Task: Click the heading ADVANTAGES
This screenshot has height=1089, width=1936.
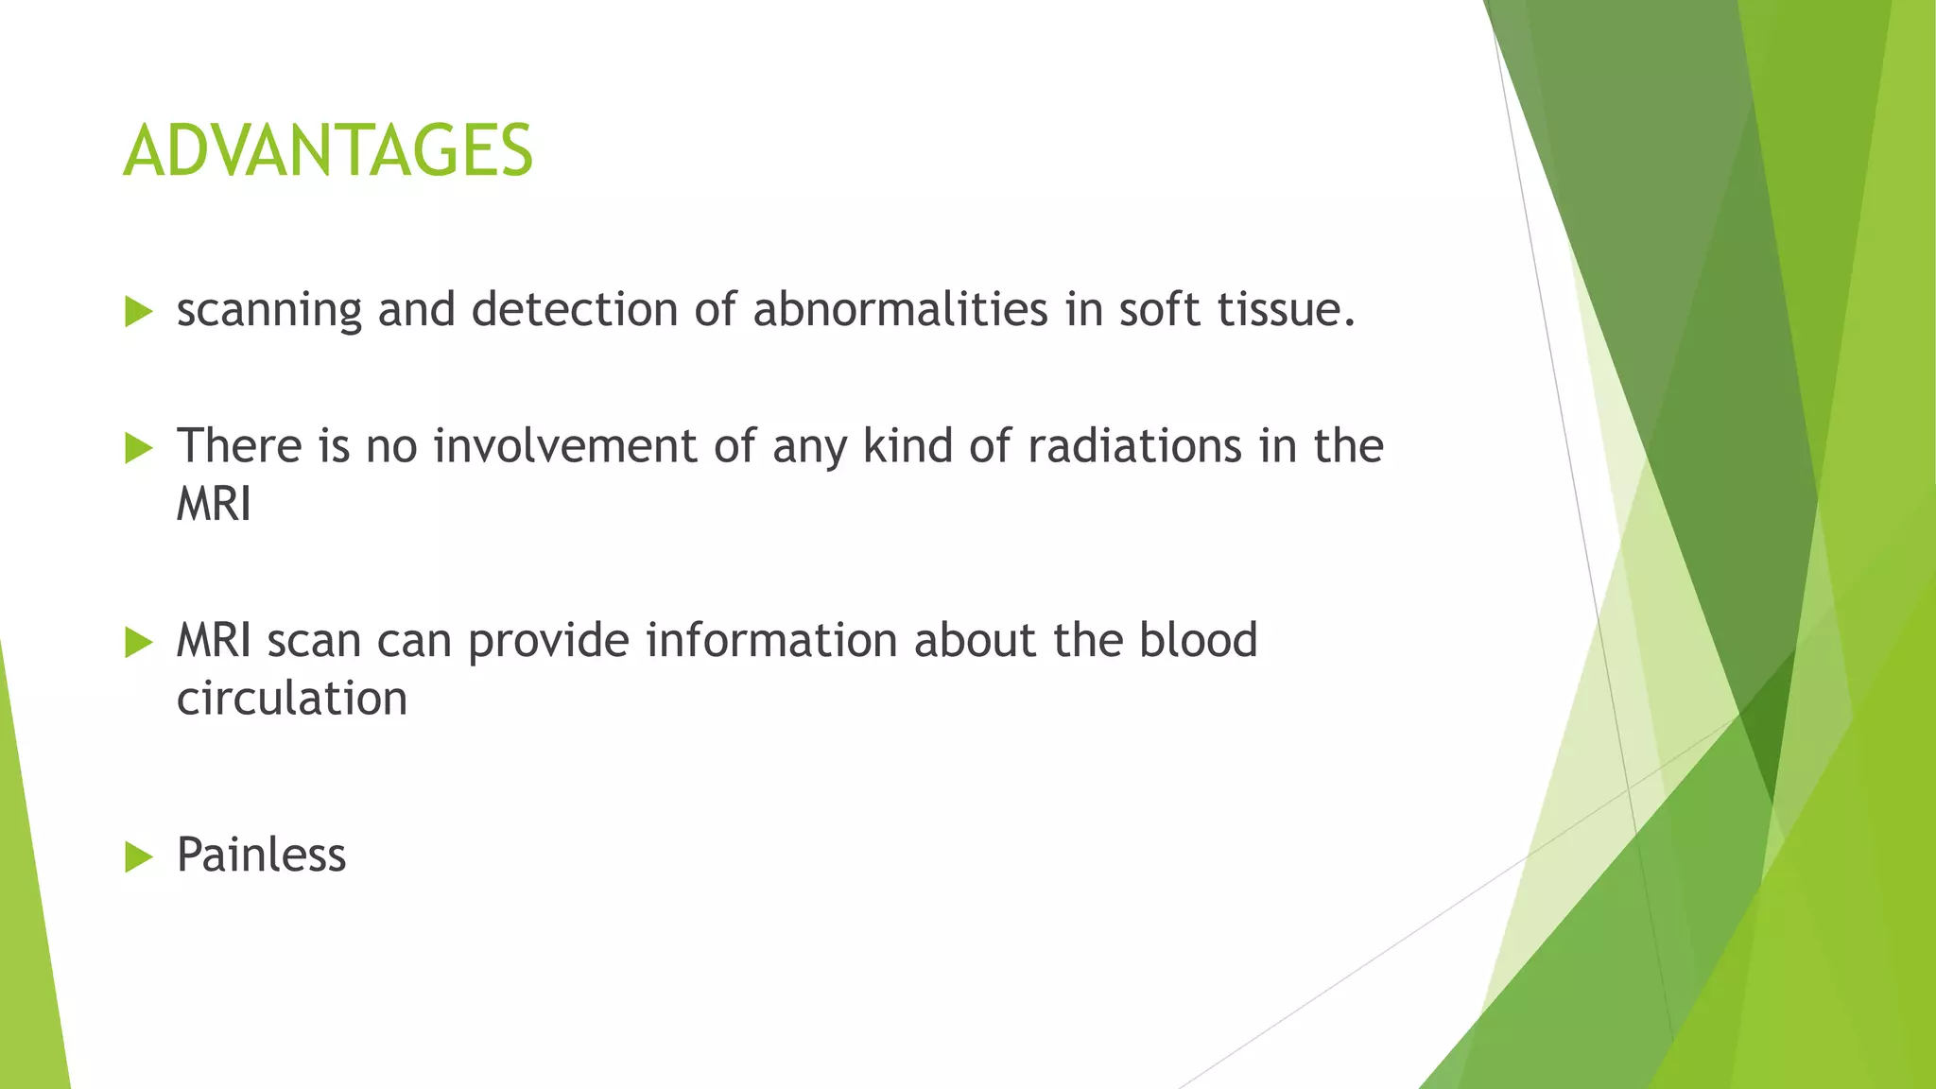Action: click(328, 151)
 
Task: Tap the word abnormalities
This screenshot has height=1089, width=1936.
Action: click(900, 309)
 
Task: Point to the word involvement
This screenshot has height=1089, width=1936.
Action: click(564, 445)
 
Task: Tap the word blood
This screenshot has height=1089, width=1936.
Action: click(1198, 640)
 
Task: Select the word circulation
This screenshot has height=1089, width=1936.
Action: click(292, 699)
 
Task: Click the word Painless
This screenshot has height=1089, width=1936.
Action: click(261, 855)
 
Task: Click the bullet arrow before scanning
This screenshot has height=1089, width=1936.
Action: click(138, 311)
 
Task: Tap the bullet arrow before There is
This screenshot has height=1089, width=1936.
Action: click(138, 447)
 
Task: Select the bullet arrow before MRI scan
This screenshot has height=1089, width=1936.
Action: click(138, 642)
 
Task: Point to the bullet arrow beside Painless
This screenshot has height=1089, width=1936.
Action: click(138, 856)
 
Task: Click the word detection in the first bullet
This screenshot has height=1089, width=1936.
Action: click(574, 309)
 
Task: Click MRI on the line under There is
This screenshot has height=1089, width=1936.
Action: click(214, 504)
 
